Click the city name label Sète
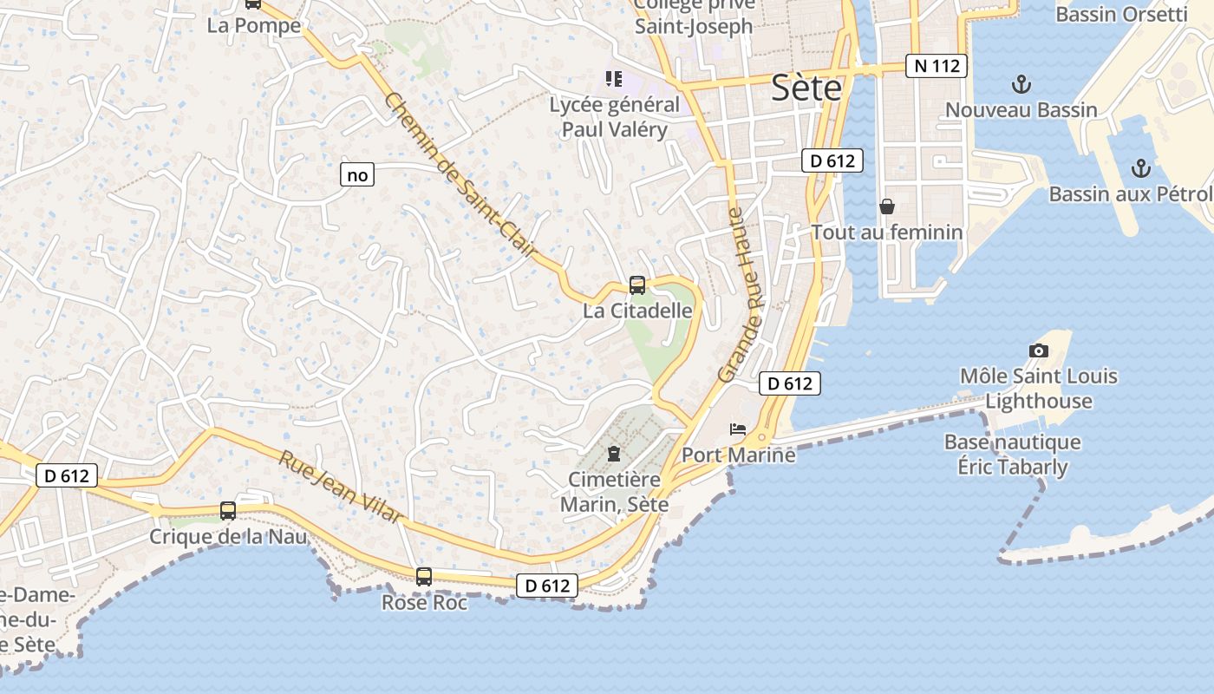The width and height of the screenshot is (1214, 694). [806, 88]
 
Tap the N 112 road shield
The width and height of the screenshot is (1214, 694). [936, 66]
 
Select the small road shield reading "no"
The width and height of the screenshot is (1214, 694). [357, 175]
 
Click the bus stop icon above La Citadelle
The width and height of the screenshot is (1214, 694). [637, 285]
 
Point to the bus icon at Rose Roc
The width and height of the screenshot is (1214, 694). [424, 576]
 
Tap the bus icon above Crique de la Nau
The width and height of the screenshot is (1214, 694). [228, 511]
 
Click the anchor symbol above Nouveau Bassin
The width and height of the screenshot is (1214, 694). [1021, 84]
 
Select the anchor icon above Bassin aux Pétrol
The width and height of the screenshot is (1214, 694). [1141, 167]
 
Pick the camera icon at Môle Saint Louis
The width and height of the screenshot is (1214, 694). [1038, 350]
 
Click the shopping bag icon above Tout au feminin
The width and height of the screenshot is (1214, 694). [887, 206]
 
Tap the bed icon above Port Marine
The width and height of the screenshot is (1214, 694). [738, 429]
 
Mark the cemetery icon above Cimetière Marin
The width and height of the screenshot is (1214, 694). [614, 453]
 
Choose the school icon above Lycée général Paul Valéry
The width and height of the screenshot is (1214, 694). [614, 79]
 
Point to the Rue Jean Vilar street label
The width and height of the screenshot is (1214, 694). [341, 486]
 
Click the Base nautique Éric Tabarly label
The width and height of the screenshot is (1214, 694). [1012, 455]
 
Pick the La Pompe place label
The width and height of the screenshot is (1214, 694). [254, 25]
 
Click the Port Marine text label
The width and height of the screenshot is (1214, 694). [738, 455]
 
